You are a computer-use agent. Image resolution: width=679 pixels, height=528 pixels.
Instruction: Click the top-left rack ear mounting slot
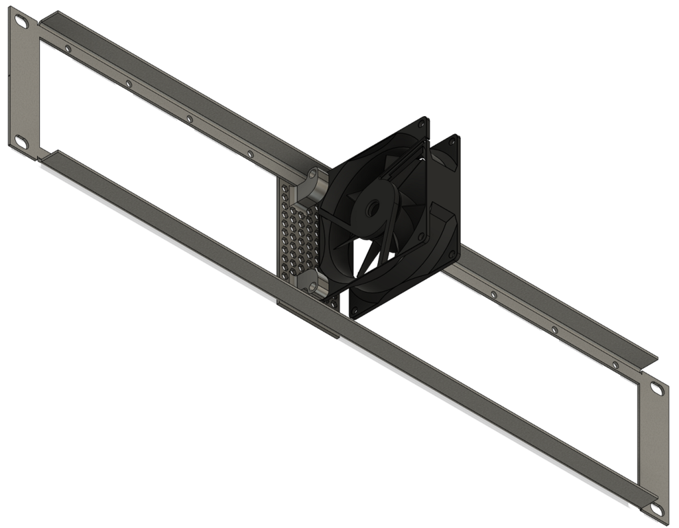[21, 22]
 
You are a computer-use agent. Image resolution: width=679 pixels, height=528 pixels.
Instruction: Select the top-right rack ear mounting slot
[656, 389]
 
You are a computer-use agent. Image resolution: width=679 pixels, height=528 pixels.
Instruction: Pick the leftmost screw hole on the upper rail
[68, 48]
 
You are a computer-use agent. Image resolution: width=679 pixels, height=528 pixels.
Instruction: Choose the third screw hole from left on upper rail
[189, 119]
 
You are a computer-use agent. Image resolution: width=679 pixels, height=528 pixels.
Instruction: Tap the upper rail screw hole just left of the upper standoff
[250, 154]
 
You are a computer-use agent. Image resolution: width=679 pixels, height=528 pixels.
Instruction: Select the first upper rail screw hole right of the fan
[493, 294]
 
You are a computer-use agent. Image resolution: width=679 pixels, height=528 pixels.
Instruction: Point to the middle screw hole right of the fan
[554, 329]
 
